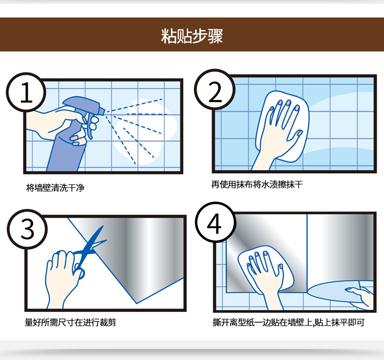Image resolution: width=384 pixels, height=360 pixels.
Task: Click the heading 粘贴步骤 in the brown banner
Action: [192, 36]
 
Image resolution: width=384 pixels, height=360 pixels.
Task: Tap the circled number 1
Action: [26, 93]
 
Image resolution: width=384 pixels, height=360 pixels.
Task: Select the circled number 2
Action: [215, 89]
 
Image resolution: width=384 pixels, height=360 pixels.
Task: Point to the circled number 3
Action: [27, 229]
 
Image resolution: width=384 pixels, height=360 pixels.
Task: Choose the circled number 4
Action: [215, 223]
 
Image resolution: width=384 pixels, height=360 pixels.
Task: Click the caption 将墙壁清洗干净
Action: [55, 188]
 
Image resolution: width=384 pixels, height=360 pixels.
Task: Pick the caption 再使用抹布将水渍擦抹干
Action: [257, 184]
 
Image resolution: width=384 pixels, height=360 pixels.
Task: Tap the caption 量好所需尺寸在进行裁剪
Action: [70, 322]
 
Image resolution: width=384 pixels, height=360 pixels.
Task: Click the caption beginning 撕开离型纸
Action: [289, 322]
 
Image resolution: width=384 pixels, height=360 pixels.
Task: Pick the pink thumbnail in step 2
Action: [299, 134]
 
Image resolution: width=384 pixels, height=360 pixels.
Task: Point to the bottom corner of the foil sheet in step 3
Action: [137, 304]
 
